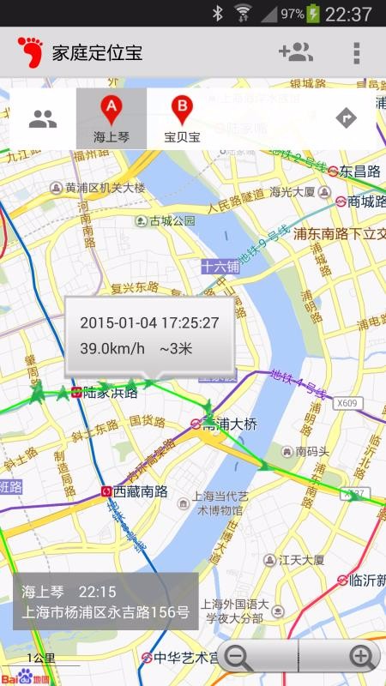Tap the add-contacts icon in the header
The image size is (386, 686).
point(296,52)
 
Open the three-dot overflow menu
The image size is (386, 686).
point(356,52)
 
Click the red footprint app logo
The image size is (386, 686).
point(30,52)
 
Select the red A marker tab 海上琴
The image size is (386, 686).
point(112,118)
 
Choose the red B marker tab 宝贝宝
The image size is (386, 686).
point(182,118)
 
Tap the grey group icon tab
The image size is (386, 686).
point(42,118)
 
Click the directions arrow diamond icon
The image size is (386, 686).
point(346,117)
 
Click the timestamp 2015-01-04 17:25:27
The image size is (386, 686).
point(149,323)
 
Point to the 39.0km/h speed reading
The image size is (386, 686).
point(112,348)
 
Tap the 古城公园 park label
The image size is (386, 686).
point(172,220)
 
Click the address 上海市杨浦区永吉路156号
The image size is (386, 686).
point(105,612)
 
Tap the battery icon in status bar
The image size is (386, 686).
point(314,14)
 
